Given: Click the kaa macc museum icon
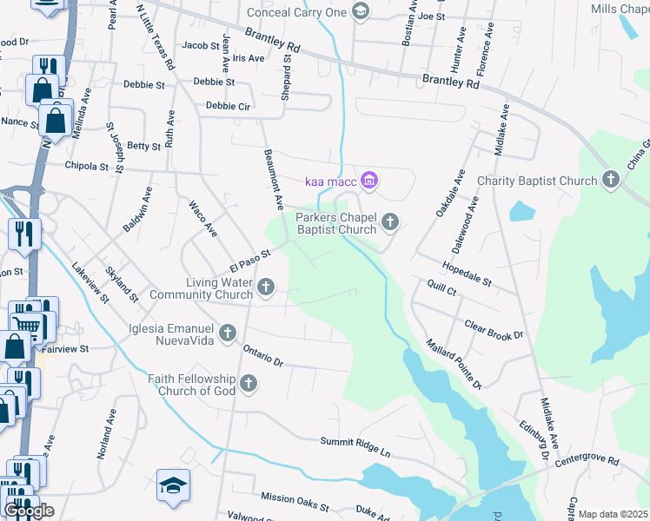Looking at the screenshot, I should [x=369, y=181].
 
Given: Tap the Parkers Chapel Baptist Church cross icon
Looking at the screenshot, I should [x=390, y=223].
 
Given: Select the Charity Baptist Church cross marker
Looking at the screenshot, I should [x=611, y=181].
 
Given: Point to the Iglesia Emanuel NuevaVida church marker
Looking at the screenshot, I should [x=228, y=333].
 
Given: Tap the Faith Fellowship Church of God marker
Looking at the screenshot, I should [x=249, y=383].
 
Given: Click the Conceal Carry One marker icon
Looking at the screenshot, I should [x=361, y=11].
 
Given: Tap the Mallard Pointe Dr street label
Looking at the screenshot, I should [x=454, y=363].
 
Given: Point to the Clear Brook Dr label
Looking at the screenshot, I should [x=494, y=329].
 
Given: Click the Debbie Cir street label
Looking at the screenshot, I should [x=228, y=106].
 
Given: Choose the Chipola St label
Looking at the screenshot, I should [x=85, y=165].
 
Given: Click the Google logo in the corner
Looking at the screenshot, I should [x=29, y=511].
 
